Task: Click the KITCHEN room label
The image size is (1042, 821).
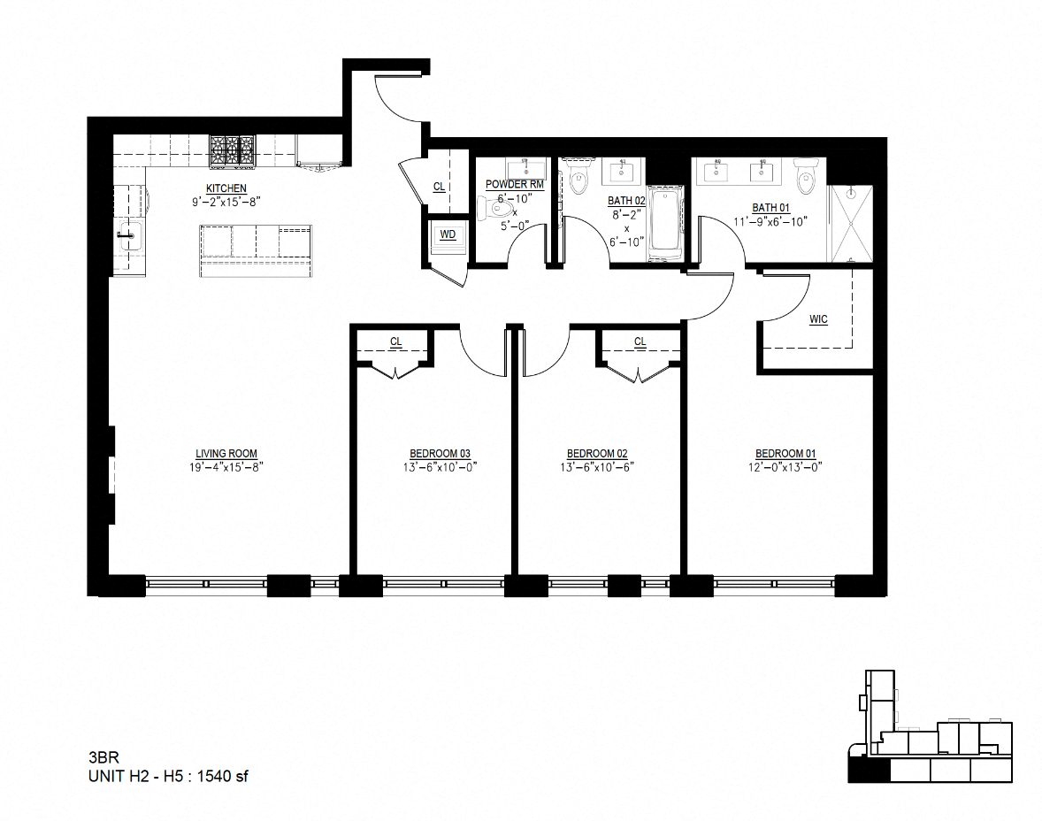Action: click(x=226, y=188)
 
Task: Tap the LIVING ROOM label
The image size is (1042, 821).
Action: click(x=226, y=454)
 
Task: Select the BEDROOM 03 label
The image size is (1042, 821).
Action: click(x=440, y=454)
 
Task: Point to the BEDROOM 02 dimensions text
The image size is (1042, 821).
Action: click(x=597, y=466)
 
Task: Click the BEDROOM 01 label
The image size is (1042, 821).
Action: click(x=785, y=454)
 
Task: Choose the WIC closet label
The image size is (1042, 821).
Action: click(x=819, y=319)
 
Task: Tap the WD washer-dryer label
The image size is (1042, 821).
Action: click(x=448, y=234)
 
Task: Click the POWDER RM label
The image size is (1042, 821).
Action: click(x=514, y=185)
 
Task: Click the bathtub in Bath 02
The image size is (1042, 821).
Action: click(x=664, y=223)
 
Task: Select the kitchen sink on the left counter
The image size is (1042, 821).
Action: click(x=129, y=235)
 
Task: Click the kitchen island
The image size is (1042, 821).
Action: click(x=255, y=251)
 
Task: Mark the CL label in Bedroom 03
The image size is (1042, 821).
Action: click(x=396, y=341)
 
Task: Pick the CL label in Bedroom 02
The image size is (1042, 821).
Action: click(x=640, y=341)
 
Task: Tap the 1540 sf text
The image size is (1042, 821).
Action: click(x=223, y=776)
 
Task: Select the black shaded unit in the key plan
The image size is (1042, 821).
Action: click(x=869, y=771)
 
